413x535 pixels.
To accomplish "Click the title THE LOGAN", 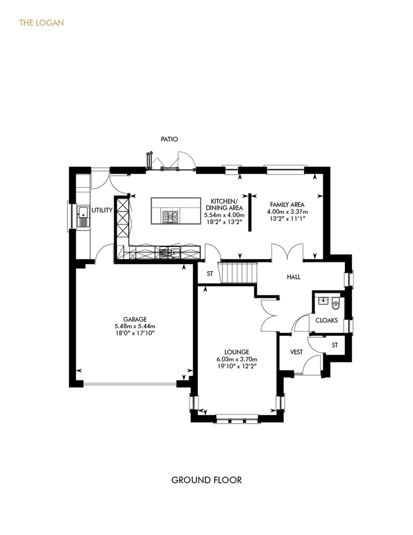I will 41,23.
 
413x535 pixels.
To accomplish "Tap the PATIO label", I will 169,139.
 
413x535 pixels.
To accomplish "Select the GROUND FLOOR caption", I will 206,480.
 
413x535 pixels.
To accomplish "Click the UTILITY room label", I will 102,210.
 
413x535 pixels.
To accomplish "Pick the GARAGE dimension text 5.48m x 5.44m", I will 135,326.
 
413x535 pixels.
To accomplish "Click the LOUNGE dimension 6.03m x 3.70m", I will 237,359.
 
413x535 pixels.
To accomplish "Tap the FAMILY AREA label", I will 287,205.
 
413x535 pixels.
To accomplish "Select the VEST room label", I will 296,352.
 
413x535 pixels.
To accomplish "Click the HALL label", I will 294,277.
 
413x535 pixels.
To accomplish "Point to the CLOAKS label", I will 327,320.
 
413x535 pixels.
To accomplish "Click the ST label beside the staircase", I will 210,274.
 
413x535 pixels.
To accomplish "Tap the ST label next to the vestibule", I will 335,345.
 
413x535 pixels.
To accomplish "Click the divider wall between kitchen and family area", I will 250,212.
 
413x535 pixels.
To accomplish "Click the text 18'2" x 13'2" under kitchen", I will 224,222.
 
